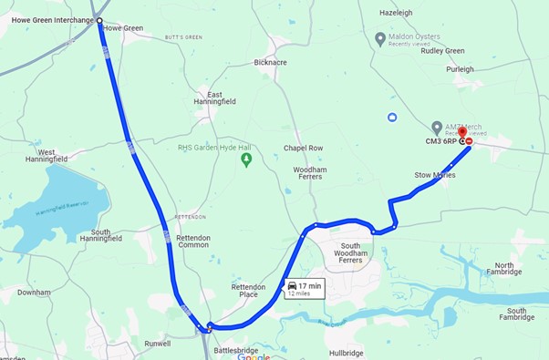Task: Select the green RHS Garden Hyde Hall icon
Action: (x=245, y=159)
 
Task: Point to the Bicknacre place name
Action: (x=271, y=63)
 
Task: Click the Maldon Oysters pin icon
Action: (x=380, y=38)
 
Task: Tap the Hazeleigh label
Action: (x=396, y=13)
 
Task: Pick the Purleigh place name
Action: (x=460, y=69)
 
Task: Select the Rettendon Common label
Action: (x=193, y=242)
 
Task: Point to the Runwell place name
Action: (x=157, y=344)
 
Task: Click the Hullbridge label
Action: (x=347, y=353)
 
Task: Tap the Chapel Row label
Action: (x=303, y=148)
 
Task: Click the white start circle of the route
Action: (x=99, y=20)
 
